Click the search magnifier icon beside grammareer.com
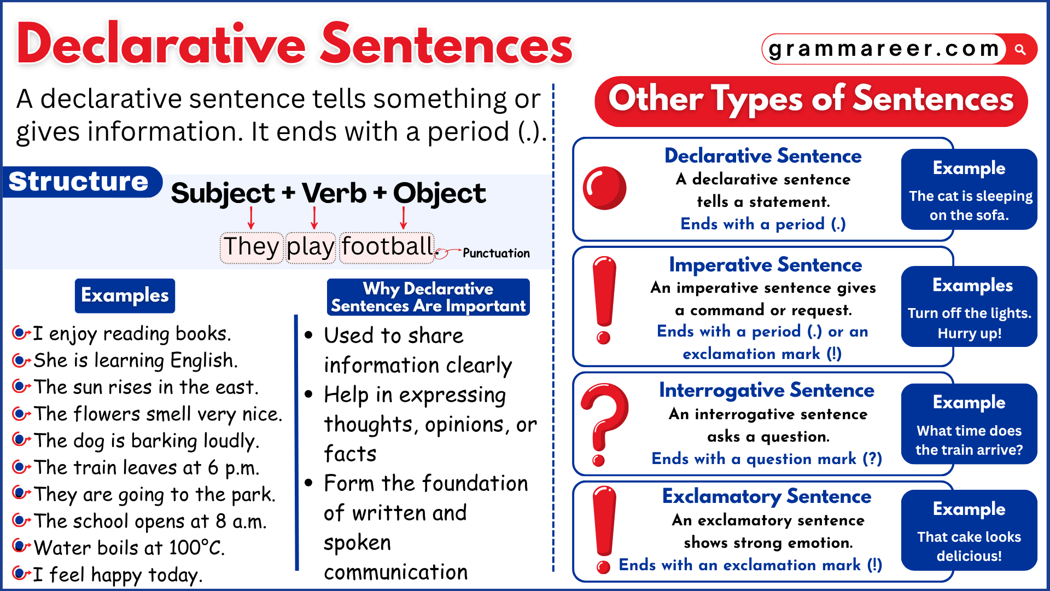coord(1020,50)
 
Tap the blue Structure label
coord(79,182)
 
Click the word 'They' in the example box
coord(251,247)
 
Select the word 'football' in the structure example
coord(387,247)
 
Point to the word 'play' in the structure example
coord(310,247)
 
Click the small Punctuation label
coord(496,253)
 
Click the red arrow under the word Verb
coord(314,218)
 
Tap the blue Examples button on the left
coord(125,296)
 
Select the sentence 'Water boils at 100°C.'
coord(129,548)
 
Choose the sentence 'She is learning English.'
coord(136,361)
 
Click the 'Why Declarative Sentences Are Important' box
coord(428,297)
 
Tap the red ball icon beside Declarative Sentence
coord(604,188)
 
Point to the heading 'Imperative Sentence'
coord(765,265)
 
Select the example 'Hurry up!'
coord(969,333)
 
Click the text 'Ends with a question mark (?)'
coord(766,459)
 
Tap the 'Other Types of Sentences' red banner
coord(810,101)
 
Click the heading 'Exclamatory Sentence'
coord(766,496)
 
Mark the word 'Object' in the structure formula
coord(439,193)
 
